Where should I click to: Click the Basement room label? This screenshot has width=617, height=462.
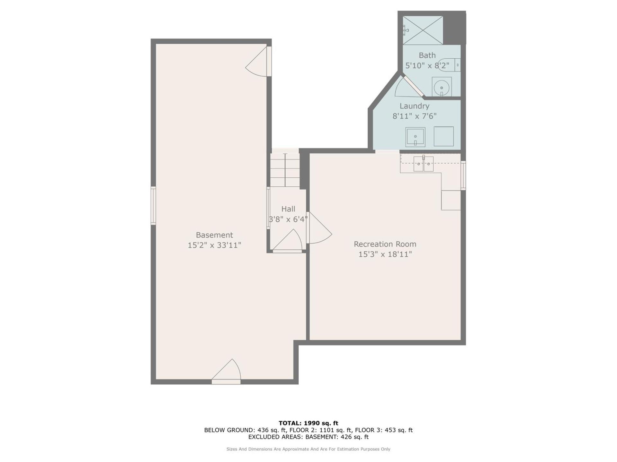(x=214, y=235)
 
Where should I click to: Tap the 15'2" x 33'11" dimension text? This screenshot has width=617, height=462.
(x=214, y=245)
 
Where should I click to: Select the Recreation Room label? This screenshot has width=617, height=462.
(x=385, y=244)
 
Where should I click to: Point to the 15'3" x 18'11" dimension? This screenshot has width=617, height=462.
(x=385, y=254)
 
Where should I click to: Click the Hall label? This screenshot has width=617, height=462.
(x=288, y=209)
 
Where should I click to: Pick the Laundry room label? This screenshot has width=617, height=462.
(x=414, y=106)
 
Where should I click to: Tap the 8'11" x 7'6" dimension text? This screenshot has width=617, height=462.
(x=414, y=116)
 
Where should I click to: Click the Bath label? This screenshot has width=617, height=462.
(x=427, y=55)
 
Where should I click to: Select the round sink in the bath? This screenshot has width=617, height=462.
(x=442, y=87)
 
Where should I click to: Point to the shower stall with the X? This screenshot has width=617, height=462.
(x=423, y=30)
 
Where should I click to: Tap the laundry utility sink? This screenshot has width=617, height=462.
(x=415, y=137)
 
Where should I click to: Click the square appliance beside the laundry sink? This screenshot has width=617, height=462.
(x=443, y=136)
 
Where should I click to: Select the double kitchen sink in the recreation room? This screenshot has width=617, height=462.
(x=423, y=164)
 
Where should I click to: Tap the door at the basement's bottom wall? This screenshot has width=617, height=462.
(x=226, y=372)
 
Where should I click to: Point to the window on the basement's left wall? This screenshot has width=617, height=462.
(x=153, y=205)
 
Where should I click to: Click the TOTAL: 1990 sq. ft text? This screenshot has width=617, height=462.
(x=308, y=423)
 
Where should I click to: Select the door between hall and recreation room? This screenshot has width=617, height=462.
(x=319, y=227)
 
